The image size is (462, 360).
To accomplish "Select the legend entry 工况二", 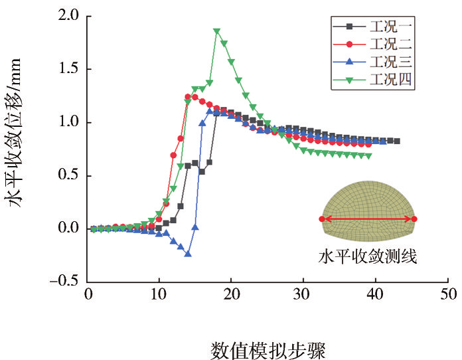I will (x=392, y=45).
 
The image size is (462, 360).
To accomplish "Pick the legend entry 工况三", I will (x=392, y=63).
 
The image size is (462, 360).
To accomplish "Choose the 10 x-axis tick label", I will (x=159, y=294).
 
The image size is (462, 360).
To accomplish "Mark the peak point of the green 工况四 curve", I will (x=217, y=31).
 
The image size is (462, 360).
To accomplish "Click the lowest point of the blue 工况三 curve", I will (x=189, y=254).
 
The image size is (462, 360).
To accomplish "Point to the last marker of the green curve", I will (x=369, y=156).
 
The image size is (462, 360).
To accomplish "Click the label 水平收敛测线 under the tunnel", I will (x=367, y=256).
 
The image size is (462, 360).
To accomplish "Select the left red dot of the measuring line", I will (x=322, y=219).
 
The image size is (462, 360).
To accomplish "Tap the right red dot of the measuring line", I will (x=414, y=219).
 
